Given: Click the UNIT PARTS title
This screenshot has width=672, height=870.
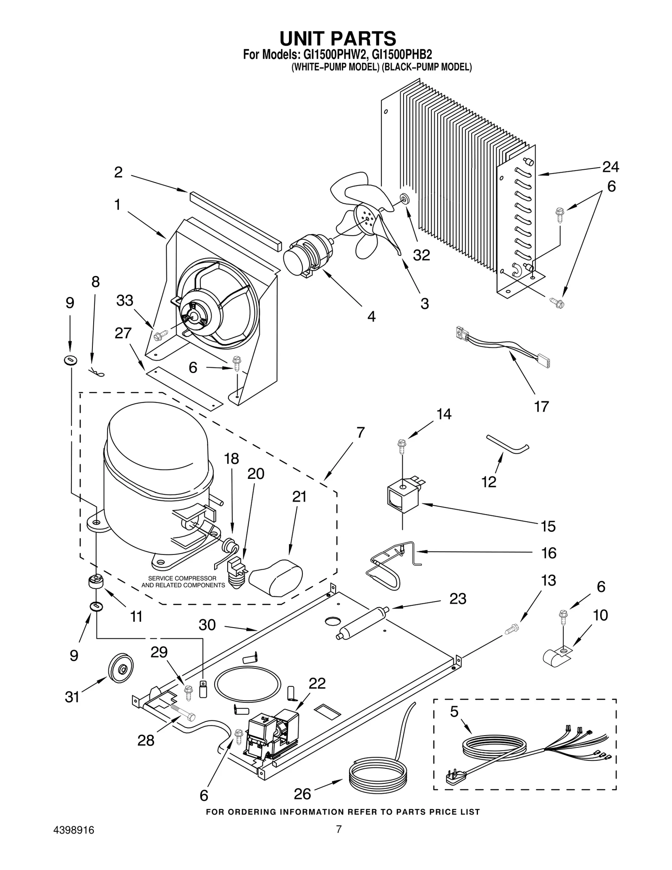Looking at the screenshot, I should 337,39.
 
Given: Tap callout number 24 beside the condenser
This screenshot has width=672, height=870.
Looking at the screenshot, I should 610,167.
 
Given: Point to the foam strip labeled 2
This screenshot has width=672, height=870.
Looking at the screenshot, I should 235,221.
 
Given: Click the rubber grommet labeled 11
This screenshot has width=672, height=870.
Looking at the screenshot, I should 96,582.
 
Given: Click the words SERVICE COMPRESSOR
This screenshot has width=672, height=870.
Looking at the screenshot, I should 182,578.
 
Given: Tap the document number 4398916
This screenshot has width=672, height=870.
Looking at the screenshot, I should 74,831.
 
